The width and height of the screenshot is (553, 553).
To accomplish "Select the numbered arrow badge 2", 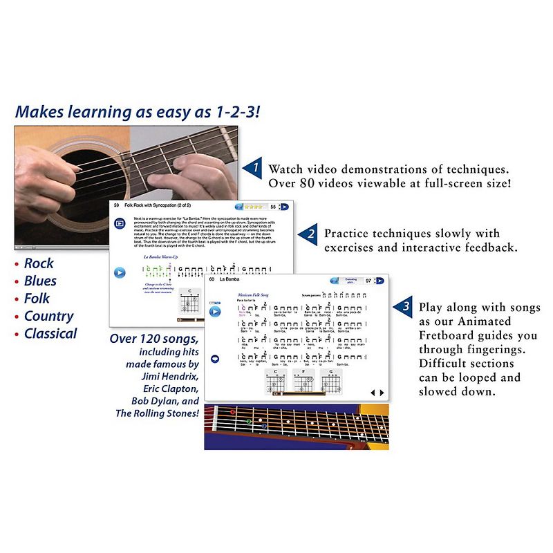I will [310, 235].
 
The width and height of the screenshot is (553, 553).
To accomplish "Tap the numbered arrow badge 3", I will [405, 306].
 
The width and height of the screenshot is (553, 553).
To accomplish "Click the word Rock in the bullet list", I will [39, 263].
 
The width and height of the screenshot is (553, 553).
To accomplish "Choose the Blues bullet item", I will [40, 281].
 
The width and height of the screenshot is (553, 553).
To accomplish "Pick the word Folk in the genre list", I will [38, 299].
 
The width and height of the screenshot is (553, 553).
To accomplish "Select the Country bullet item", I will [48, 316].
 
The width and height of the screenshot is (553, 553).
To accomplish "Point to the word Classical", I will [50, 333].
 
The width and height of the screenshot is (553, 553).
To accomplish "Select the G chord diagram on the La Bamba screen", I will [335, 382].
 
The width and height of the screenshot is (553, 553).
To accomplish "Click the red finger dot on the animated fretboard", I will [233, 413].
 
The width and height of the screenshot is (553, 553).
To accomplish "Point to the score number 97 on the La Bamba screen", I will [368, 281].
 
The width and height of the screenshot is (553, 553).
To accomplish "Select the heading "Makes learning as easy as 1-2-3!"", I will [139, 111].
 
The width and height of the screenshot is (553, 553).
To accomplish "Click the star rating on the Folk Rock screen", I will [252, 206].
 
